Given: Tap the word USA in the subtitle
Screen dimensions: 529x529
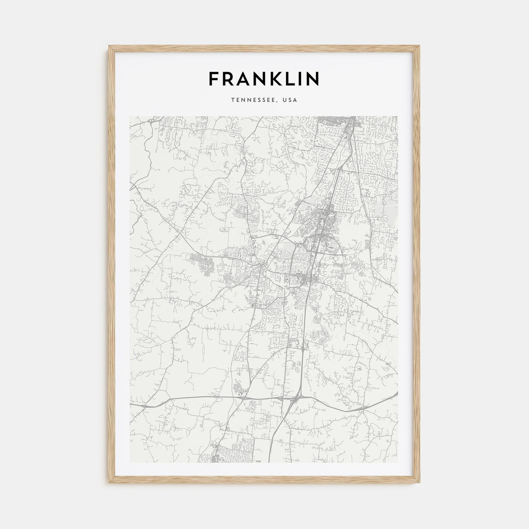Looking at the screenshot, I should (291, 100).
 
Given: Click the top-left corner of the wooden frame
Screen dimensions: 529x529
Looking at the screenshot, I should (109, 46).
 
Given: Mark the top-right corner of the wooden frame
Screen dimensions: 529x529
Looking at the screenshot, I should (420, 46).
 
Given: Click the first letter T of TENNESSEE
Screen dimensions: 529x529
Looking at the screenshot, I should (234, 100).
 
